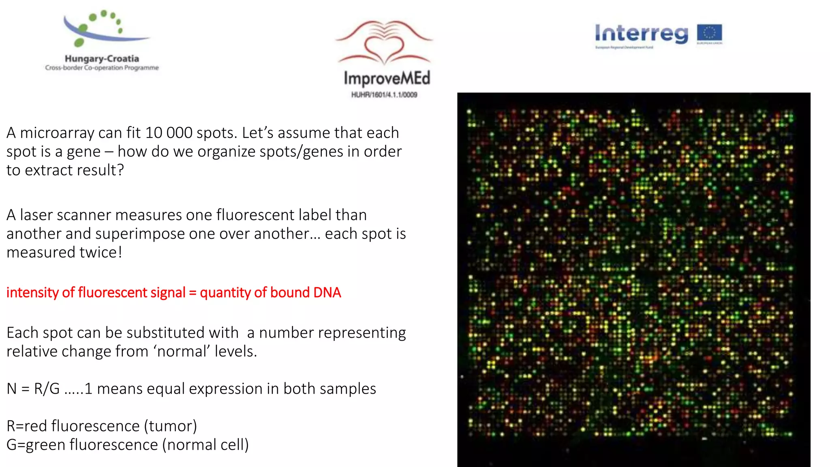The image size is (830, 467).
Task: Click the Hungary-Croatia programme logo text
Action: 102,59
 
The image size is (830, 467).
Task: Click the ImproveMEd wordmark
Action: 387,78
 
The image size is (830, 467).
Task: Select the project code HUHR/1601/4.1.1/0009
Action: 384,95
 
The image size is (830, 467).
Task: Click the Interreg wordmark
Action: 642,34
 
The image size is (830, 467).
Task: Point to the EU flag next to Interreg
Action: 709,33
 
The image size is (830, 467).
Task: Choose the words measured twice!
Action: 64,253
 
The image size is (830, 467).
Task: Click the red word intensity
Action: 32,292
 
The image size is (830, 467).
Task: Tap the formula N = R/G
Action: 33,389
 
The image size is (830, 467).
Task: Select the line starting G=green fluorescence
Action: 128,445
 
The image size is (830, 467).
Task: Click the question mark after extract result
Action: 120,170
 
